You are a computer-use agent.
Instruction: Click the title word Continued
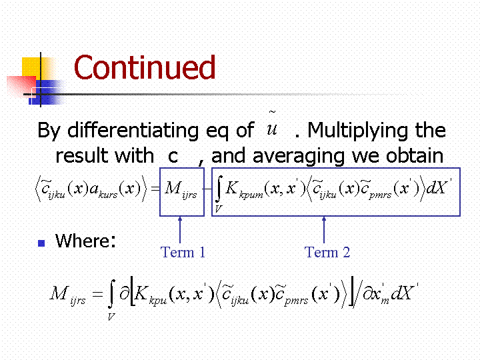tap(145, 67)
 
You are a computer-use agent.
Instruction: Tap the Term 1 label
tap(183, 252)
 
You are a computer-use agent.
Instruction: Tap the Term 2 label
tap(327, 252)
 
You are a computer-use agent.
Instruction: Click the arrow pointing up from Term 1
tap(180, 230)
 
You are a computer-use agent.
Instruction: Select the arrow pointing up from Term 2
tap(324, 230)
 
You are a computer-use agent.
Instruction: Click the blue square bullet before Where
tap(41, 243)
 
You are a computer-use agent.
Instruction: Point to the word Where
tap(85, 241)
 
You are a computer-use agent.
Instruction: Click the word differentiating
tap(133, 130)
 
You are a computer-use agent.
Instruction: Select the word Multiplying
tap(357, 131)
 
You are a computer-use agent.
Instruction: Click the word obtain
tap(415, 155)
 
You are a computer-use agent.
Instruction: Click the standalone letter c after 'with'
tap(173, 157)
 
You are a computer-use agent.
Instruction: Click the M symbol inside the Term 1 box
tap(173, 187)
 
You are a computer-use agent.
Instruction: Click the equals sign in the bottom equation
tap(97, 295)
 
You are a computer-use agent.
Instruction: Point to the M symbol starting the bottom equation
tap(59, 293)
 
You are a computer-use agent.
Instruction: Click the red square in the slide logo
tap(21, 86)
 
